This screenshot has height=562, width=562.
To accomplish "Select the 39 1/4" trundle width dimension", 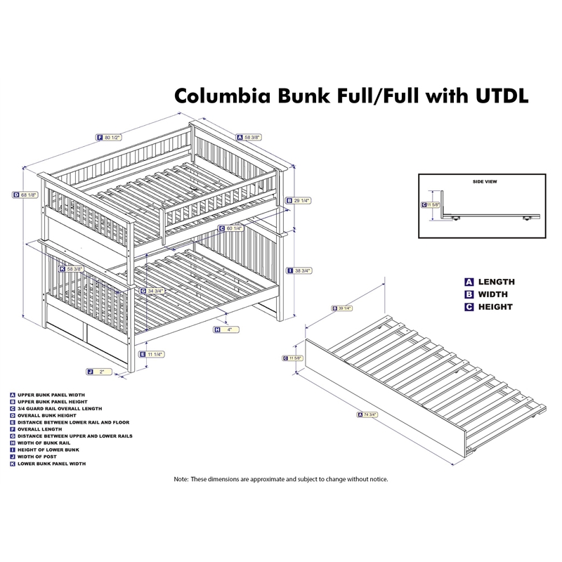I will [344, 309].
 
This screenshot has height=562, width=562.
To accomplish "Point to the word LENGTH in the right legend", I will [497, 282].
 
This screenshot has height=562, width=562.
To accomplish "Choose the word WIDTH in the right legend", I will [493, 294].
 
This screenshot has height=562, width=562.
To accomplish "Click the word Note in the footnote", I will [182, 479].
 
